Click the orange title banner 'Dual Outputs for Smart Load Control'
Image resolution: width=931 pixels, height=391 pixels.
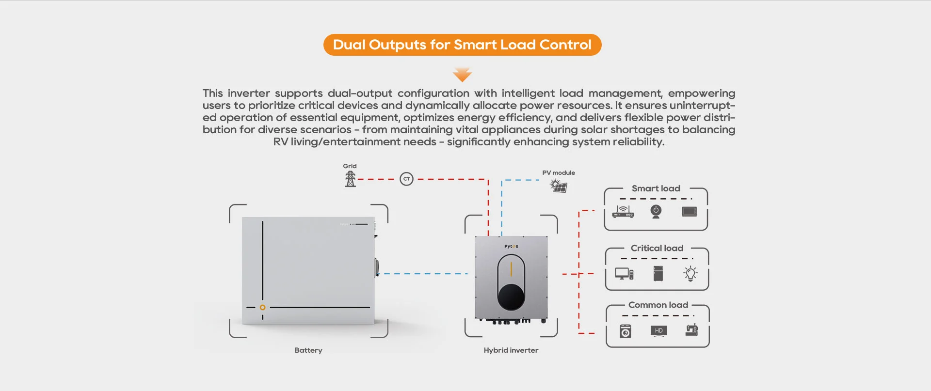point(462,45)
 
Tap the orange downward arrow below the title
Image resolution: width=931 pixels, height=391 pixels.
point(462,75)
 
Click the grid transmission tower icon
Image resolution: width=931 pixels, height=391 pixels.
point(350,179)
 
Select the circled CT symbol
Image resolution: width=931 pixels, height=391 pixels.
point(406,179)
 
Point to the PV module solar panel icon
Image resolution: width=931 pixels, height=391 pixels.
point(559,185)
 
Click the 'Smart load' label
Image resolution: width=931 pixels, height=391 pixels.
point(656,188)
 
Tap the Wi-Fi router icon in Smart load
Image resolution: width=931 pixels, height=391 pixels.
point(623,212)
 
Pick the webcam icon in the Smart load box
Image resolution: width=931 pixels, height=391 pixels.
point(656,211)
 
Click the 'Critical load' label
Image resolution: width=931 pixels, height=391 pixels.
point(657,248)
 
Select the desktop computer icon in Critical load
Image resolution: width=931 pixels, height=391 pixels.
point(624,274)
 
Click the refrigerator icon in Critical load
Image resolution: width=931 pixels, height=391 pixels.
point(658,273)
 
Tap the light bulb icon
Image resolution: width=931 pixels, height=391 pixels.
point(690,273)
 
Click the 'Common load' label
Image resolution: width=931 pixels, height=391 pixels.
point(658,305)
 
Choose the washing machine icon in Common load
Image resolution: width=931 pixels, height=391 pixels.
point(626,331)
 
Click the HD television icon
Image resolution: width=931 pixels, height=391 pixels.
point(658,331)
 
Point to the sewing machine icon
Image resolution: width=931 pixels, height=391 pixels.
point(691,330)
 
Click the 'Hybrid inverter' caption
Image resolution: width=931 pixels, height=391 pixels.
point(511,350)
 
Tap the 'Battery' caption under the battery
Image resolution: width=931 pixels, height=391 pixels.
point(308,350)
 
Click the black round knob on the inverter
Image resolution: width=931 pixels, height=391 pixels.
point(511,297)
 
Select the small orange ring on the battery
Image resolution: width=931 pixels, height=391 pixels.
point(262,307)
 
